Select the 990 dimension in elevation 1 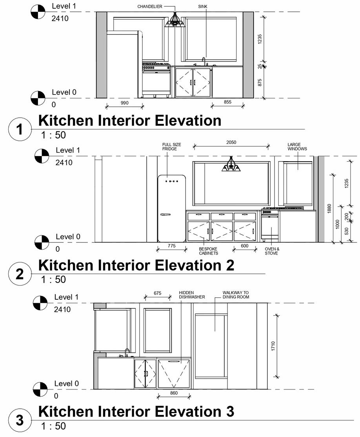pyautogui.click(x=125, y=103)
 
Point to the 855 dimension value pyautogui.click(x=227, y=102)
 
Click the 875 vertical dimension pyautogui.click(x=260, y=82)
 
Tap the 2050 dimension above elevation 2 pyautogui.click(x=231, y=142)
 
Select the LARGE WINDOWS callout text pyautogui.click(x=297, y=147)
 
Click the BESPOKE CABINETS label pyautogui.click(x=208, y=251)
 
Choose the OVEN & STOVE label pyautogui.click(x=271, y=251)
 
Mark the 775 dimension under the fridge pyautogui.click(x=171, y=246)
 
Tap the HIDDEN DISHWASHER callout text pyautogui.click(x=192, y=295)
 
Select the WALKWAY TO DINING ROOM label pyautogui.click(x=235, y=295)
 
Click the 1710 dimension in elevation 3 pyautogui.click(x=273, y=346)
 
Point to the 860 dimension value pyautogui.click(x=174, y=393)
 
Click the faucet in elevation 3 pyautogui.click(x=127, y=352)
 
